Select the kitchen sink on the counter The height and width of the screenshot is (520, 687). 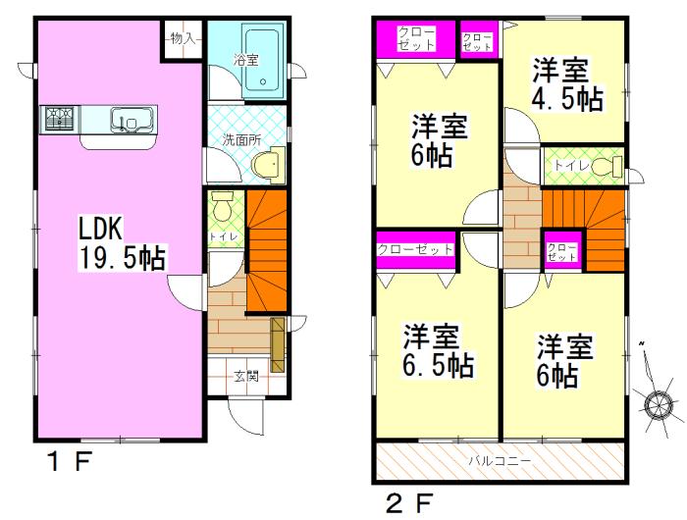click(130, 121)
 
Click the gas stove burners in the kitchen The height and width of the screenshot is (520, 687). click(58, 120)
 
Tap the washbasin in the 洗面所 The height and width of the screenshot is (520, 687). click(268, 165)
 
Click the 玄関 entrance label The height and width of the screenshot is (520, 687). click(245, 375)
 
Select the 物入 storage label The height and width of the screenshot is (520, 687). click(183, 39)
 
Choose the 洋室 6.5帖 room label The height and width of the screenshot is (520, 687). click(438, 352)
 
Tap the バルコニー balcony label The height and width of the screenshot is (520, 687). click(499, 459)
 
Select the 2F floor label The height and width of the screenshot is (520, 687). click(407, 504)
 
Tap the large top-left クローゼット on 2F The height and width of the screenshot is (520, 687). click(417, 39)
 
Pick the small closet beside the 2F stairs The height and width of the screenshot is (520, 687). click(561, 250)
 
